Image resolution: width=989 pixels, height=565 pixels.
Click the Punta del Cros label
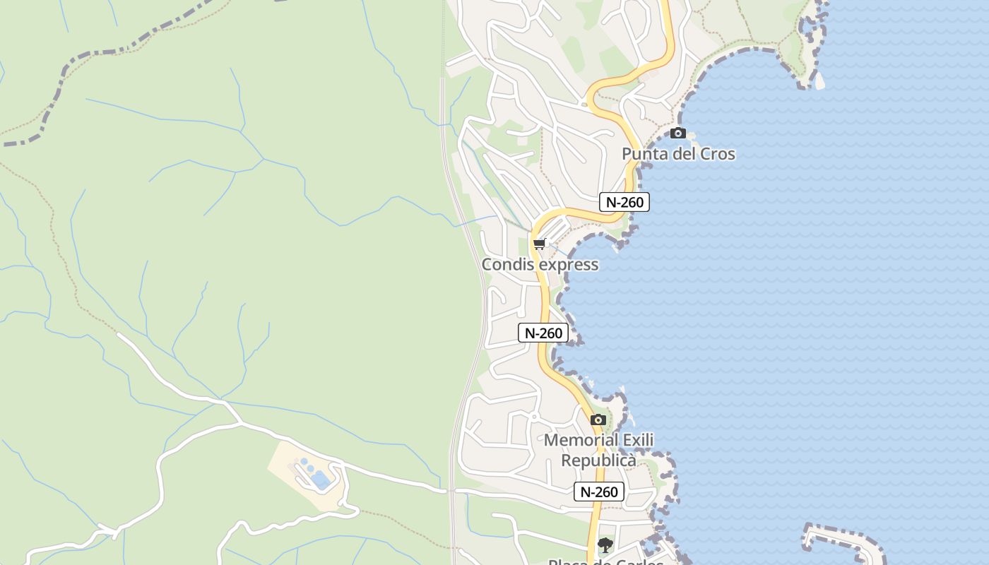[678, 154]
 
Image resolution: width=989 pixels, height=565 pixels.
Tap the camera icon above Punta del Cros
[678, 133]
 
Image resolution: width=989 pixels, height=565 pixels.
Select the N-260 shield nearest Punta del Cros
[624, 202]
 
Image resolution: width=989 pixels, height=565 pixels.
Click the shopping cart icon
[540, 244]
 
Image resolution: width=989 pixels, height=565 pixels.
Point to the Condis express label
[540, 265]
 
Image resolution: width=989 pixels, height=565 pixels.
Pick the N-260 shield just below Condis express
[543, 333]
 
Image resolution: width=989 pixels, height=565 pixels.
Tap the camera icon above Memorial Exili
[598, 420]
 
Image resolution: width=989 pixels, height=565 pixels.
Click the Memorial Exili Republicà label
[598, 450]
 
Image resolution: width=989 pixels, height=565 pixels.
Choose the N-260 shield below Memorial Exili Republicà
[599, 492]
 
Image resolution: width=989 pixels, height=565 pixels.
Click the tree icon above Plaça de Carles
[605, 545]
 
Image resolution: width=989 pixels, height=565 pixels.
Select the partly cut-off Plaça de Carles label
[605, 561]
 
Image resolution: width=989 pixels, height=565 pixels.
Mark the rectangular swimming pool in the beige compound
[321, 480]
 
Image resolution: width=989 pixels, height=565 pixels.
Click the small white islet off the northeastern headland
[819, 82]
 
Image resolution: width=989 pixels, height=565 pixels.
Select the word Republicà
[598, 460]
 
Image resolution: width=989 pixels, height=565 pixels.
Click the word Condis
[505, 265]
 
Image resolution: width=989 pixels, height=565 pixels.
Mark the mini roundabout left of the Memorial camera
[534, 417]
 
